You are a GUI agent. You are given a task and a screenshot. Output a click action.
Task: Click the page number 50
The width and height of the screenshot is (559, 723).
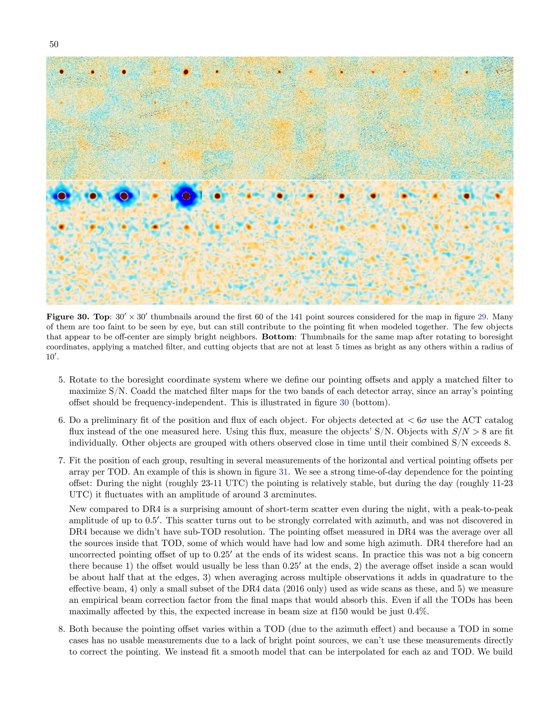click(54, 44)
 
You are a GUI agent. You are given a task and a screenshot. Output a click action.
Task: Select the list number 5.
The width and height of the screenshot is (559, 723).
click(61, 380)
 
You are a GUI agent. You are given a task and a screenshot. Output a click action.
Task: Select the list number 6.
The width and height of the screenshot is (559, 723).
click(61, 420)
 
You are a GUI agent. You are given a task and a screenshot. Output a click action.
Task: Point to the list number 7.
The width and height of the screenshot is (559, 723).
click(61, 461)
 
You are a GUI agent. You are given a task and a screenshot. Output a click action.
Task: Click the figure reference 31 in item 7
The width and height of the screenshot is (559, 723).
click(284, 472)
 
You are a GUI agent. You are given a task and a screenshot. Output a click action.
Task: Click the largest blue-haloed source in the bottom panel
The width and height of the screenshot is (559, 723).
click(186, 196)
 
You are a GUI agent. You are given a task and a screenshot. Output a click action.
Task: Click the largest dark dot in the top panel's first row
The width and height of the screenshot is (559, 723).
click(186, 71)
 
